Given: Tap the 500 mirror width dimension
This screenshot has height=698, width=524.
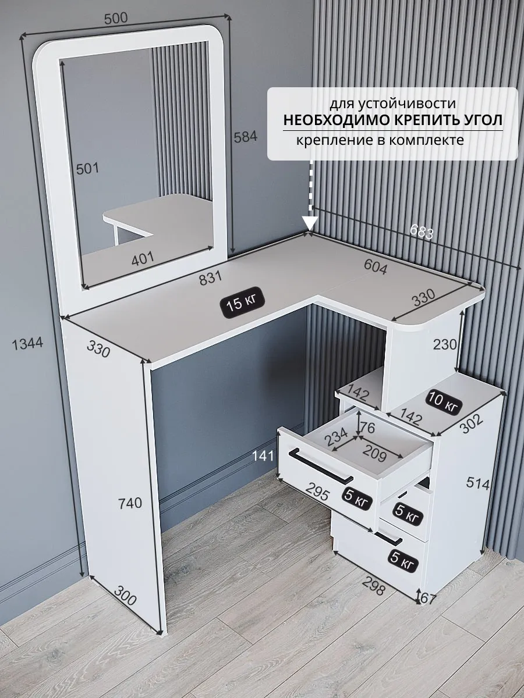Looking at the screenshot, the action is [116, 18].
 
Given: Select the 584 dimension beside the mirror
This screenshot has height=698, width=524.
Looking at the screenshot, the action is [246, 137].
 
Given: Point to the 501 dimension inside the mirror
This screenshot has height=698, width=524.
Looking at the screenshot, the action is [87, 168].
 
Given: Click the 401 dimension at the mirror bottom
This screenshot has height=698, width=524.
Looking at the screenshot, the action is [143, 258].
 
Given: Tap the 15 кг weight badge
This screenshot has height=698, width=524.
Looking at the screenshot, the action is [242, 302].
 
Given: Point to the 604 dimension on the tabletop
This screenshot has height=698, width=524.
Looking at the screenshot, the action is [376, 266].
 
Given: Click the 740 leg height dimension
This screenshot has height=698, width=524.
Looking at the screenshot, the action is [130, 503].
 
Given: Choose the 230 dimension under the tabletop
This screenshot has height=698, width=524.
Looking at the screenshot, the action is [444, 344].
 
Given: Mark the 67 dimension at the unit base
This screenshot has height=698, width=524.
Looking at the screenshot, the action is [427, 600].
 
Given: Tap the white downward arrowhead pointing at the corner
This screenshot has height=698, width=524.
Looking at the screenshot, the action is [310, 223].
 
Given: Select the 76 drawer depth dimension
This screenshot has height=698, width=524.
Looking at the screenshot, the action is [369, 428].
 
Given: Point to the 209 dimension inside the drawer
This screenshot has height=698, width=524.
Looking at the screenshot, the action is [375, 455].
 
